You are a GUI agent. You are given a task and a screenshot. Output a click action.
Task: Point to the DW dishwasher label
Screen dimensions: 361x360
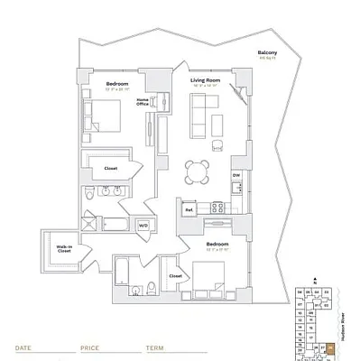pyautogui.click(x=235, y=175)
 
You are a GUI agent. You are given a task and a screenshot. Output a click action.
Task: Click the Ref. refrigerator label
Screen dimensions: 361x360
pyautogui.click(x=189, y=209)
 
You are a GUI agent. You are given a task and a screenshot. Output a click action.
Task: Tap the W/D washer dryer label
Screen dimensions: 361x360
pyautogui.click(x=143, y=225)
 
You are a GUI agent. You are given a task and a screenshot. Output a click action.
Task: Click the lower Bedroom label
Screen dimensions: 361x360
pyautogui.click(x=217, y=244)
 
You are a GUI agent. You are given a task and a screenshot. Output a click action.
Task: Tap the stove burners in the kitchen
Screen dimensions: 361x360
pyautogui.click(x=217, y=208)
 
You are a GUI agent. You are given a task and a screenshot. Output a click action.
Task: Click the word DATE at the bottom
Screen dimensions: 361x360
pyautogui.click(x=24, y=346)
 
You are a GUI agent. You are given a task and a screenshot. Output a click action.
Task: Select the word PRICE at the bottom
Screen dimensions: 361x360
pyautogui.click(x=89, y=346)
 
